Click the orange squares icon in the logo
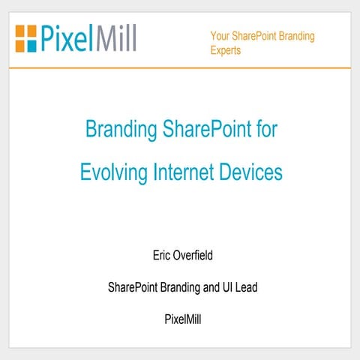coord(25,36)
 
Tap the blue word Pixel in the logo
coord(66,37)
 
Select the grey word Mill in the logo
coord(116,37)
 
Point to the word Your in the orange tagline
coord(219,36)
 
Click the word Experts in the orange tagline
coord(226,52)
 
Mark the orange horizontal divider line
coord(180,68)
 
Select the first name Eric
coord(162,256)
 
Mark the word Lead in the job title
coord(244,287)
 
